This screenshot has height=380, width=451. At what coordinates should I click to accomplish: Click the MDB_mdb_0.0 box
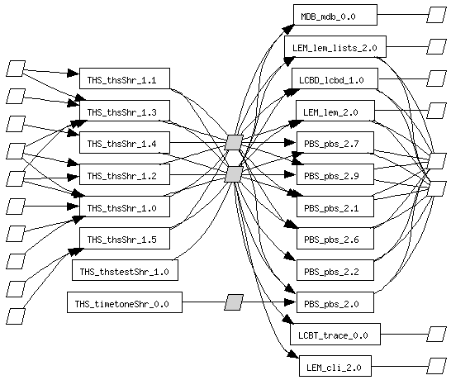[335, 15]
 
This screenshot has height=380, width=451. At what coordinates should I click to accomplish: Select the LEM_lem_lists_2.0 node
[335, 46]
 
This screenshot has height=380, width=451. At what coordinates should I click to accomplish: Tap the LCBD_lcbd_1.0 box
[335, 78]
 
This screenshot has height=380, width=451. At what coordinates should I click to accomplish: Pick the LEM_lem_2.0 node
[335, 111]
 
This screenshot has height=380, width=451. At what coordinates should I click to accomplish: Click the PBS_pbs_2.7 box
[335, 142]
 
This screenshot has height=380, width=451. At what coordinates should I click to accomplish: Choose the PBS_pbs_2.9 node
[335, 174]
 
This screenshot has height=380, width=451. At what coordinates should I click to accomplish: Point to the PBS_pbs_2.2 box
[335, 270]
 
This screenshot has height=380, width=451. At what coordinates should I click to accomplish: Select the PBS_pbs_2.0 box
[335, 302]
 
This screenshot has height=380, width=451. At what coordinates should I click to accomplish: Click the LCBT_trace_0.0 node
[335, 334]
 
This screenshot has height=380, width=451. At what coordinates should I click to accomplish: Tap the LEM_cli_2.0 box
[335, 366]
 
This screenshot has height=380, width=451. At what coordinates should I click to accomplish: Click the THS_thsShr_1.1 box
[125, 78]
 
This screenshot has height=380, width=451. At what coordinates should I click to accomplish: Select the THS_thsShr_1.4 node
[125, 142]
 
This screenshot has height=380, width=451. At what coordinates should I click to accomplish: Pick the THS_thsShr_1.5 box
[125, 238]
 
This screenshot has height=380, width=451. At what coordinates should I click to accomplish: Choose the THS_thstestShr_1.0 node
[125, 270]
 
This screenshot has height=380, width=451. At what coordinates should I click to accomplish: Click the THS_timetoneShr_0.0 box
[125, 302]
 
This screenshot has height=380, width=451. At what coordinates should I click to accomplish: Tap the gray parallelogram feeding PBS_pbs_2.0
[234, 302]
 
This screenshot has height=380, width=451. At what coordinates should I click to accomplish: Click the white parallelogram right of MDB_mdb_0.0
[437, 15]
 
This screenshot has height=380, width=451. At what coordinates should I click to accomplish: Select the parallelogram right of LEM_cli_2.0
[437, 366]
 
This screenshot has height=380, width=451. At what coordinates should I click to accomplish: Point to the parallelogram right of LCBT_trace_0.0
[437, 334]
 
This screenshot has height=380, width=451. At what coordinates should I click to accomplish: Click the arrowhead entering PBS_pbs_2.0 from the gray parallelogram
[290, 302]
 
